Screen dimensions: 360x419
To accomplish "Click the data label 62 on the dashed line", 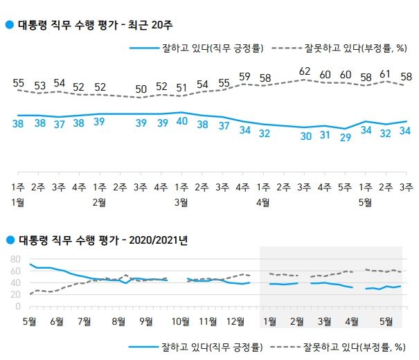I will click(x=304, y=71).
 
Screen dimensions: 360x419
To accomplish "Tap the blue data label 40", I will click(x=181, y=122).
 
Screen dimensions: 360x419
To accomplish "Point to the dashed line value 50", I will click(x=141, y=89).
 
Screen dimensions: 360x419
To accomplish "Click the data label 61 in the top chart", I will click(x=386, y=73).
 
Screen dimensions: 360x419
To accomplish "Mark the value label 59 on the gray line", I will click(x=243, y=76).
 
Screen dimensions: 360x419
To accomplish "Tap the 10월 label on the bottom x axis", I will click(x=181, y=321).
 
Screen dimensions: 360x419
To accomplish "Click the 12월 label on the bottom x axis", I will click(x=235, y=321).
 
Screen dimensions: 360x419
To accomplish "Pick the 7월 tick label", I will click(x=85, y=321).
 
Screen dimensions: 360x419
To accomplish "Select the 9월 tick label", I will click(x=146, y=321).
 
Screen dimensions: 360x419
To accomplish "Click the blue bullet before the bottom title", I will click(x=10, y=240).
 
